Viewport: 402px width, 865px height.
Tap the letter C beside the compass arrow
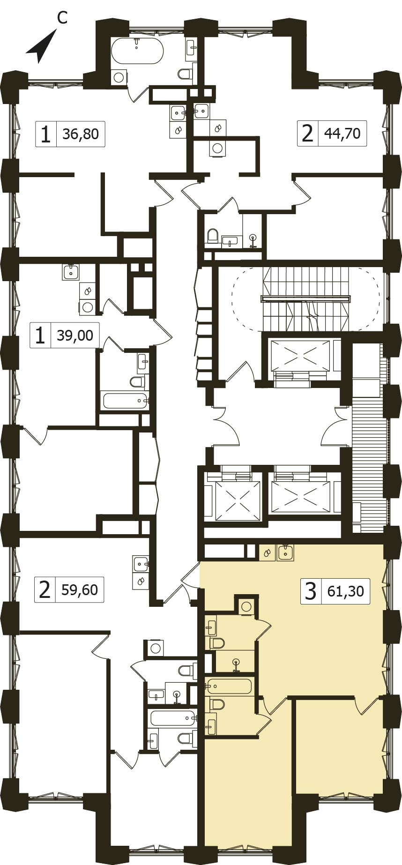click(x=62, y=17)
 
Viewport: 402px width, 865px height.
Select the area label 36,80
click(x=81, y=134)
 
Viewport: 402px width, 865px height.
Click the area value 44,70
click(x=342, y=134)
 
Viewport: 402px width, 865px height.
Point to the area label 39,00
click(x=75, y=335)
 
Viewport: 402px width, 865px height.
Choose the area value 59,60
click(x=80, y=589)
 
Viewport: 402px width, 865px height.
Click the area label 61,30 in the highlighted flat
click(x=346, y=591)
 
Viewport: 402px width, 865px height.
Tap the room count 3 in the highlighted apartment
click(x=311, y=591)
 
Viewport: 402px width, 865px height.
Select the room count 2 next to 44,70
click(x=307, y=134)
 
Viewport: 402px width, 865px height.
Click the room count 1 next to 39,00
click(x=41, y=336)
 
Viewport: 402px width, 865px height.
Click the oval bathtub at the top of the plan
click(x=137, y=51)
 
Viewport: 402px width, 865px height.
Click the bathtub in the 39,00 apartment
click(x=126, y=401)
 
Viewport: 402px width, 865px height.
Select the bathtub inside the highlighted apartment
click(x=228, y=686)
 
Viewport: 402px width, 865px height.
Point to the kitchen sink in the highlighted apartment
click(x=285, y=552)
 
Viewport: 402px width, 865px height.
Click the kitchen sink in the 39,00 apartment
click(x=71, y=272)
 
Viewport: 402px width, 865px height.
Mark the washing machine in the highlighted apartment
click(x=246, y=607)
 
